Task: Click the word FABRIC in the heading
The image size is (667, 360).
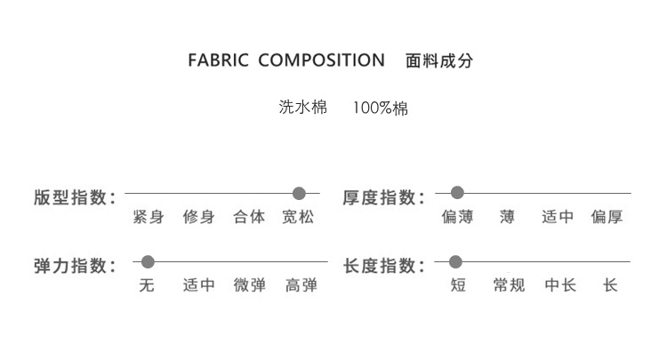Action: click(219, 61)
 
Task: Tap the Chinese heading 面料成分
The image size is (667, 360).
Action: click(439, 61)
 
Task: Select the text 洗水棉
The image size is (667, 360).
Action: click(303, 109)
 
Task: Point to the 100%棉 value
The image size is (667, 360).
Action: click(381, 109)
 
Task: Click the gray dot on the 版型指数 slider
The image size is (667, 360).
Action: click(299, 193)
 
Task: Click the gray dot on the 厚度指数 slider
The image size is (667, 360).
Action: click(458, 193)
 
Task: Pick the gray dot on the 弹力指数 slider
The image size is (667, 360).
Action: click(149, 261)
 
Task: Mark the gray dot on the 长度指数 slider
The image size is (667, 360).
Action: click(456, 261)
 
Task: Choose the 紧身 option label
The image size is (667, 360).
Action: click(148, 217)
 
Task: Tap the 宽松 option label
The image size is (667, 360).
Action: click(299, 217)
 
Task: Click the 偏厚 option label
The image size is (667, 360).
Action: click(607, 217)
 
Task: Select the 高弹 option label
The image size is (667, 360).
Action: click(301, 285)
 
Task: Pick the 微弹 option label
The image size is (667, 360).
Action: click(250, 285)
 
